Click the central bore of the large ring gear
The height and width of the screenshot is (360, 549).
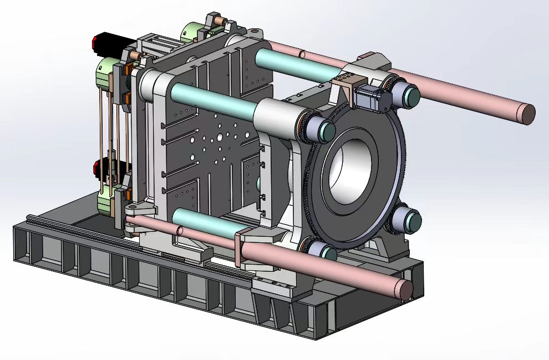(350, 170)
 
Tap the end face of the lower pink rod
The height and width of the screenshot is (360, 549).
(406, 288)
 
